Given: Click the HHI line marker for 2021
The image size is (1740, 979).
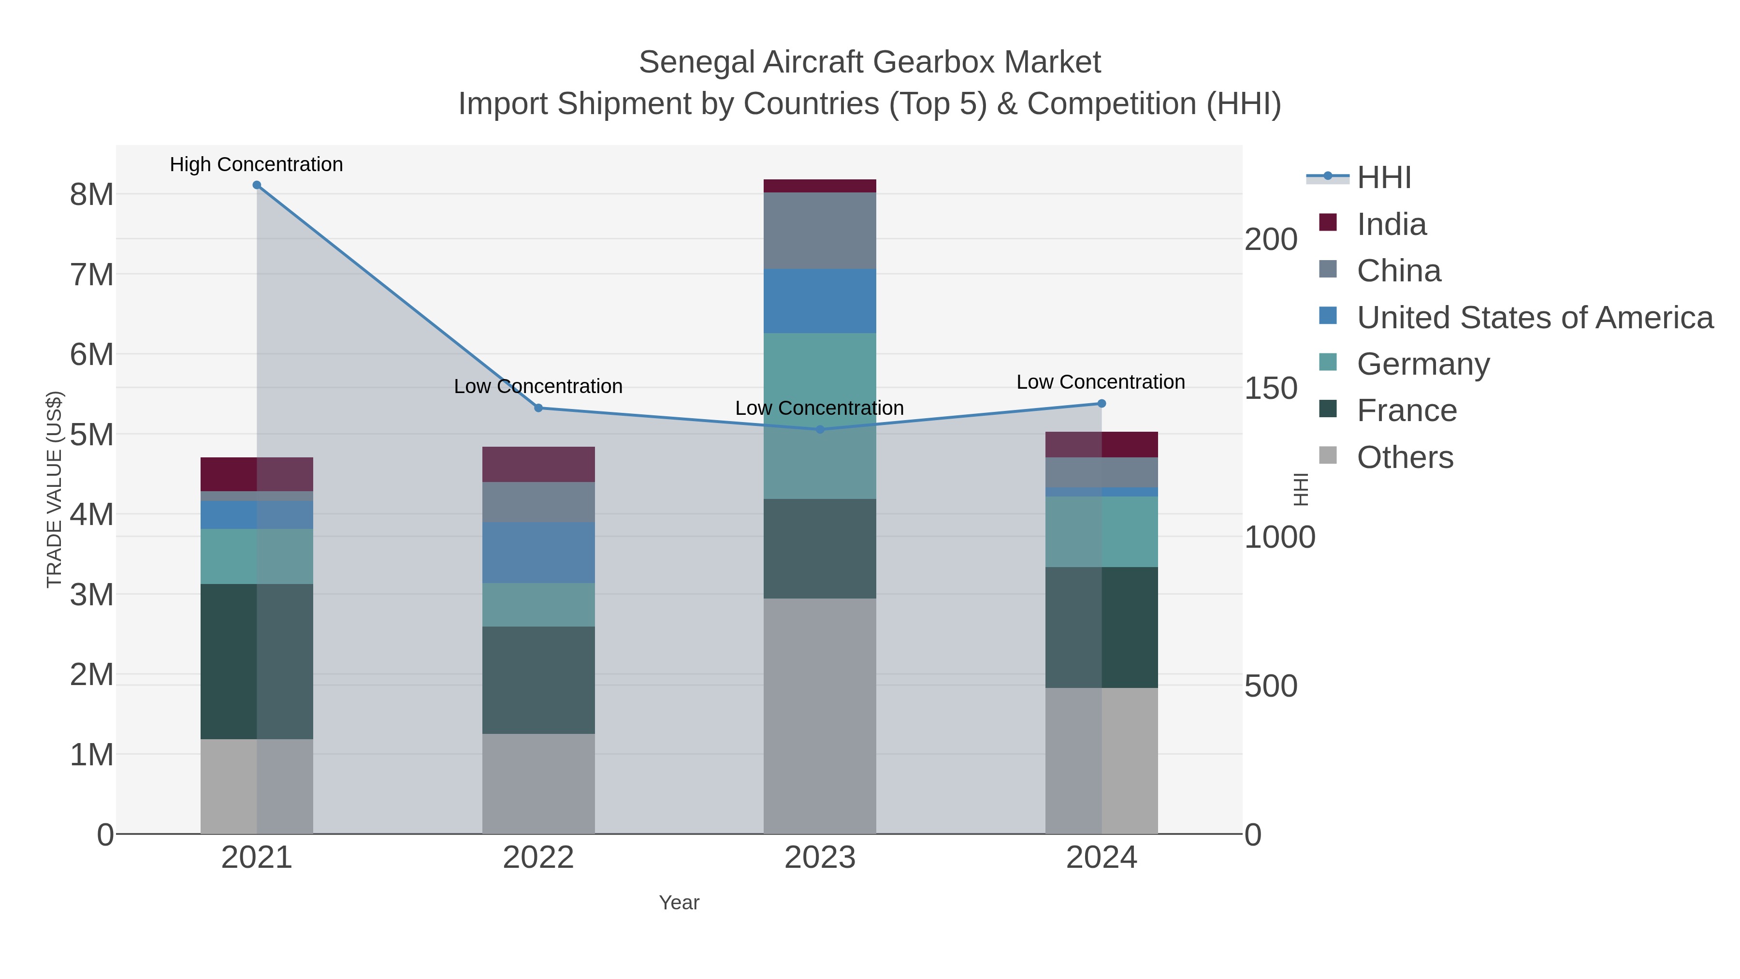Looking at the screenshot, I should click(x=257, y=185).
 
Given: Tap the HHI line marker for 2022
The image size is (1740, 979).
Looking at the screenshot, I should click(x=538, y=408).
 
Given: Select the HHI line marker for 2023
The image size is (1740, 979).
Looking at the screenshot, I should click(x=820, y=429).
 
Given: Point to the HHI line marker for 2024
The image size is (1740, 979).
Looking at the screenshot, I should click(x=1102, y=403).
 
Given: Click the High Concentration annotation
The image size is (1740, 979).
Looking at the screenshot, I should click(x=256, y=164).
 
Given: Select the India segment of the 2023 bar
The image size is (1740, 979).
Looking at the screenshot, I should click(x=820, y=186).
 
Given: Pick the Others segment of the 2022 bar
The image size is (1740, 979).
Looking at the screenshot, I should click(x=538, y=784).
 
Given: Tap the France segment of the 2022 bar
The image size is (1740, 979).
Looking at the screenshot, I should click(x=538, y=680).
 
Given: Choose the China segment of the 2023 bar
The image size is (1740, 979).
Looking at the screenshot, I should click(x=820, y=231).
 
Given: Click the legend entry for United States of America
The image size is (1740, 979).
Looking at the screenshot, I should click(x=1534, y=318).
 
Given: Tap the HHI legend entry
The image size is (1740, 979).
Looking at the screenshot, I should click(x=1383, y=178).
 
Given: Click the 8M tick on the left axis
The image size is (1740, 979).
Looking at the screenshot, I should click(x=92, y=194).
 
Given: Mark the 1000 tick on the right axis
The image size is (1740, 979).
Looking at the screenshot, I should click(x=1279, y=538).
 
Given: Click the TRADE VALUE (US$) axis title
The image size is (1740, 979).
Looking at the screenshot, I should click(x=54, y=489).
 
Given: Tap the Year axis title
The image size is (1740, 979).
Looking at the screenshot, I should click(x=679, y=903).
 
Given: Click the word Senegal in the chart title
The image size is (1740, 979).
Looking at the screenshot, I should click(x=697, y=62).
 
